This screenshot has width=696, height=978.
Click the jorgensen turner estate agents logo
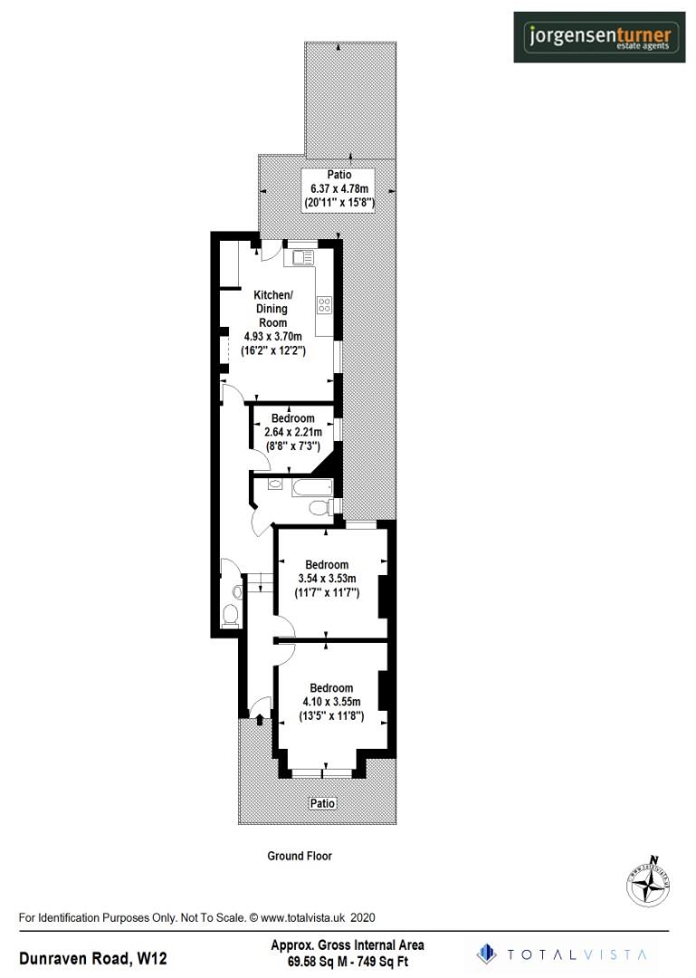[599, 37]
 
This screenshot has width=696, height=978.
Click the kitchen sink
[300, 258]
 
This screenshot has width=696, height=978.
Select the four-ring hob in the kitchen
[323, 305]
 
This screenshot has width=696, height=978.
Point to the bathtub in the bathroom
[312, 491]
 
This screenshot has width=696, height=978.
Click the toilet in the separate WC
[231, 616]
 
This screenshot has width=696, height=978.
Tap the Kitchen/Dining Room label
[272, 309]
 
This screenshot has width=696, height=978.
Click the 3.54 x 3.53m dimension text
[327, 579]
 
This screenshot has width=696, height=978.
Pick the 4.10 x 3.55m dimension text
[331, 702]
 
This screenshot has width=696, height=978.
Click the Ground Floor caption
[300, 856]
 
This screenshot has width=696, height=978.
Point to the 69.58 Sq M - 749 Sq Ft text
[348, 961]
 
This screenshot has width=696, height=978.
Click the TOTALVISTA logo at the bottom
[563, 954]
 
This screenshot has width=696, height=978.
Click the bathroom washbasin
[274, 484]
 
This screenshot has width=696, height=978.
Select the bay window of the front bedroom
[323, 773]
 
